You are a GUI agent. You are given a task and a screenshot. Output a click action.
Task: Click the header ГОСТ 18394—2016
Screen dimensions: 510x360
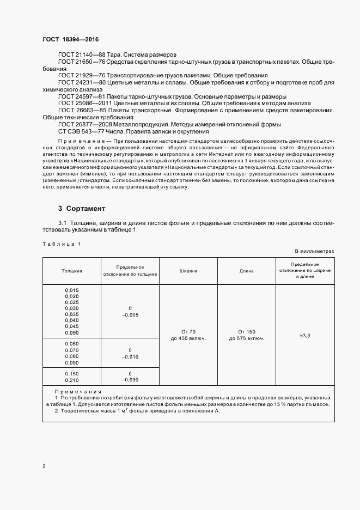click(x=70, y=40)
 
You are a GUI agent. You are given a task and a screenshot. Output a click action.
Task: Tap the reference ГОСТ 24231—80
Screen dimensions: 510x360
click(x=77, y=82)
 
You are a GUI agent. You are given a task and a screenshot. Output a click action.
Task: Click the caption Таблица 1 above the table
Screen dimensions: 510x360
click(x=61, y=244)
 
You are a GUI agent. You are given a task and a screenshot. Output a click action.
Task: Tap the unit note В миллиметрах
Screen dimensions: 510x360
click(x=314, y=251)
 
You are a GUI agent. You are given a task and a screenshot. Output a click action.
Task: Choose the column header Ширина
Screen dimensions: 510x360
click(x=188, y=270)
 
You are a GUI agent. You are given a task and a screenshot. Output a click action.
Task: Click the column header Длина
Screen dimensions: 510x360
click(x=246, y=270)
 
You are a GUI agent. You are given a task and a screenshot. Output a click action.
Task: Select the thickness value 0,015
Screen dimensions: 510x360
click(x=71, y=290)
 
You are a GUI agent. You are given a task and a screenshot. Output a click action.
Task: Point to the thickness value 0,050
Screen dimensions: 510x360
click(x=71, y=332)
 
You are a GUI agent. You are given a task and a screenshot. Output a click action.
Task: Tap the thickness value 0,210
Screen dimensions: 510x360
click(x=71, y=380)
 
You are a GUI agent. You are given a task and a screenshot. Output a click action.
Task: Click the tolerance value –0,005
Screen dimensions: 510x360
click(x=130, y=315)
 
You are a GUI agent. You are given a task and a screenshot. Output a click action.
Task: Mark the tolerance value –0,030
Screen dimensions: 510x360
click(x=130, y=380)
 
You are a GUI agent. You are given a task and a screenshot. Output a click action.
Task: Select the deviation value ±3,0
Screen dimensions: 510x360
click(x=304, y=336)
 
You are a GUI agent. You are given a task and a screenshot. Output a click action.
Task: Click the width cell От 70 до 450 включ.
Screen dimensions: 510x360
click(x=188, y=335)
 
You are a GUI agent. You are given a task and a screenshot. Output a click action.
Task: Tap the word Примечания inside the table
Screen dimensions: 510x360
click(x=78, y=392)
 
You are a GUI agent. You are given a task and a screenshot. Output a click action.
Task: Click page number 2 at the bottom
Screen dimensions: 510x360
click(x=44, y=466)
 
